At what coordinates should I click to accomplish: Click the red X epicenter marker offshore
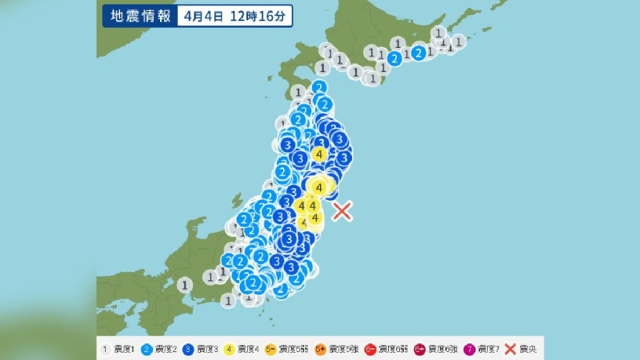[342, 211]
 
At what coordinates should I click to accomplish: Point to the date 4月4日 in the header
[198, 16]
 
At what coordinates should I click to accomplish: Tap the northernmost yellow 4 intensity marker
[319, 154]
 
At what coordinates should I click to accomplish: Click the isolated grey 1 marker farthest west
[185, 284]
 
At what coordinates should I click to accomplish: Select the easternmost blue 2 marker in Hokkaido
[418, 53]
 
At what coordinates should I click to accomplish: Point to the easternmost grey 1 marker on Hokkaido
[458, 41]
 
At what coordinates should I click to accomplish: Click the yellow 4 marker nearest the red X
[315, 217]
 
